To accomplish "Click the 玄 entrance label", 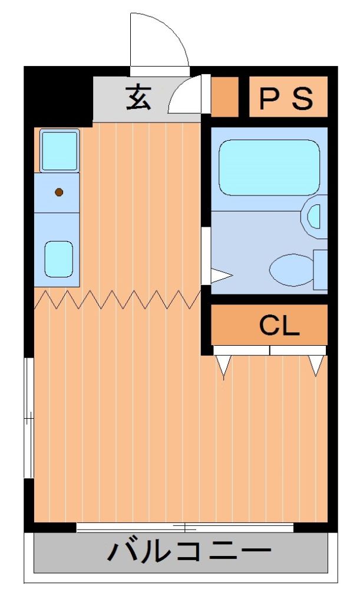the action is [x=138, y=98].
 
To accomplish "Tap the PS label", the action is [x=286, y=98].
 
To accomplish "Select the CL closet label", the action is [x=279, y=325].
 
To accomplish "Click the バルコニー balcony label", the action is [x=189, y=551].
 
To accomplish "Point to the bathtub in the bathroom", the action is [x=269, y=167].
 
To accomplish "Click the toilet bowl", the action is [x=292, y=270].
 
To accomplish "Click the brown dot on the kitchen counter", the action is [x=58, y=193].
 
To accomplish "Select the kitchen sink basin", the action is [x=58, y=259].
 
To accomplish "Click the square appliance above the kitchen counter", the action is [x=60, y=150].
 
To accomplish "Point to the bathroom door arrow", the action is [x=222, y=276].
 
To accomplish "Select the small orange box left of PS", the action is [x=224, y=97].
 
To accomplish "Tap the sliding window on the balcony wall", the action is [x=184, y=527].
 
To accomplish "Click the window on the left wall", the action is [x=29, y=418].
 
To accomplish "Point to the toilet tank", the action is [x=321, y=270].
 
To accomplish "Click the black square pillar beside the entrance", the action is [x=58, y=97].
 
